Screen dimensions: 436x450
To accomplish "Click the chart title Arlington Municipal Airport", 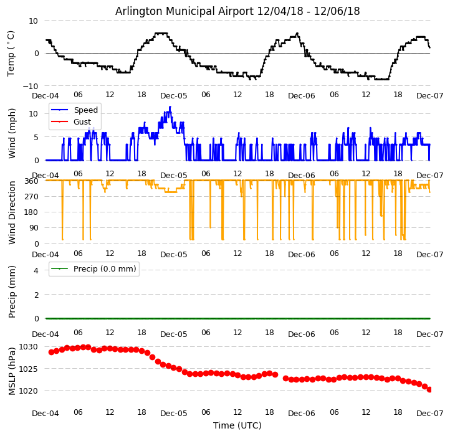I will [237, 11].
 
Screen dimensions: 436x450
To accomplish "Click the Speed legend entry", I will [85, 110].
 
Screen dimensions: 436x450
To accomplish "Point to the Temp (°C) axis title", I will [12, 54].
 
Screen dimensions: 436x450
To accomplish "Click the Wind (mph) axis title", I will [12, 133].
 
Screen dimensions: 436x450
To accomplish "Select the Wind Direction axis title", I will [12, 211].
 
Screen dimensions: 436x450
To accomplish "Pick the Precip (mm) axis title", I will [12, 291].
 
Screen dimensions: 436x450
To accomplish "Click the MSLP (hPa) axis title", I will [12, 369].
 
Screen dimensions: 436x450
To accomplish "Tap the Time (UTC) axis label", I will [237, 425].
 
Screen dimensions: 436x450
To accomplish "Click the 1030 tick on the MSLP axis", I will [28, 347].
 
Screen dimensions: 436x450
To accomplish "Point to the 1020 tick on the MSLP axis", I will [28, 391].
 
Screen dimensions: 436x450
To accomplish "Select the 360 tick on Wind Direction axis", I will [31, 181].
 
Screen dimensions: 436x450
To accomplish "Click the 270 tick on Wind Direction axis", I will [31, 197].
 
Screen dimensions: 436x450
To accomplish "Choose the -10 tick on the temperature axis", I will [31, 86].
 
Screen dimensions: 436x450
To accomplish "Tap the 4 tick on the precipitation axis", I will [36, 270].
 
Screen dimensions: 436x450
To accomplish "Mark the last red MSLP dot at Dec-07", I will [429, 389].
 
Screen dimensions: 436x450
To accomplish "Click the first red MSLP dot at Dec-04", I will [51, 352].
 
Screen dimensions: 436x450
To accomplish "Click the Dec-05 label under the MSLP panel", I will [173, 413].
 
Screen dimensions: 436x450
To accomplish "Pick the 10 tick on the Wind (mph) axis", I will [34, 113].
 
